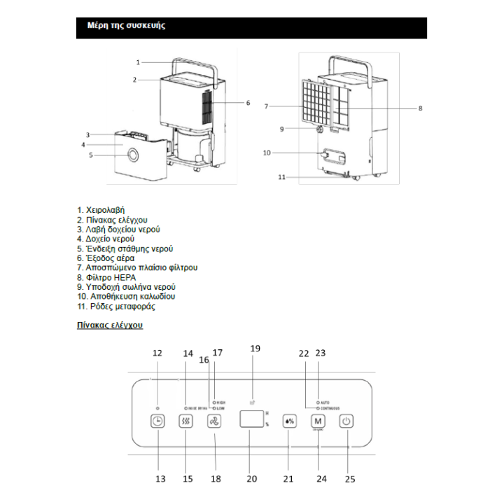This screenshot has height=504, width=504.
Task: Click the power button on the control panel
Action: pos(346,421)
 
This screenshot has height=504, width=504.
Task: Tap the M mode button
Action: pos(318,421)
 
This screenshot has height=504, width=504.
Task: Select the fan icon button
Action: pos(213,421)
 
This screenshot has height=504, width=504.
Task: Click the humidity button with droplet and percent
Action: pos(290,421)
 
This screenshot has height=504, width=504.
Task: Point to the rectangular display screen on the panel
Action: pos(251,420)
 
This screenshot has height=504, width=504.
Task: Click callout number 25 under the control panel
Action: pos(350,479)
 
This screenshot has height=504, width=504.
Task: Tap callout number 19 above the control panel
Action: pos(255,348)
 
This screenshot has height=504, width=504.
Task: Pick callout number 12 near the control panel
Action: pos(157,353)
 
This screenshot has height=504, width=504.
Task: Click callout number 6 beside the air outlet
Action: pos(248,103)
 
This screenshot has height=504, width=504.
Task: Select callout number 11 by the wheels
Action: pos(282,177)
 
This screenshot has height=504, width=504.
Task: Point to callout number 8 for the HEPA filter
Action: pos(420,108)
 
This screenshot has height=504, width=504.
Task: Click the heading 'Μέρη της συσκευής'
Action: pos(126,26)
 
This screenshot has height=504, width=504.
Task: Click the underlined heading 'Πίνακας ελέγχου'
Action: pos(110,325)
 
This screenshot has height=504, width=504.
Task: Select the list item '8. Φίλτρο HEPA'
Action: pos(106,277)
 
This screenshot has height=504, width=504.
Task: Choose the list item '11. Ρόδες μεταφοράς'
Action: pos(116,307)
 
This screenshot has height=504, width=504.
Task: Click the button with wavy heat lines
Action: pos(185,421)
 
